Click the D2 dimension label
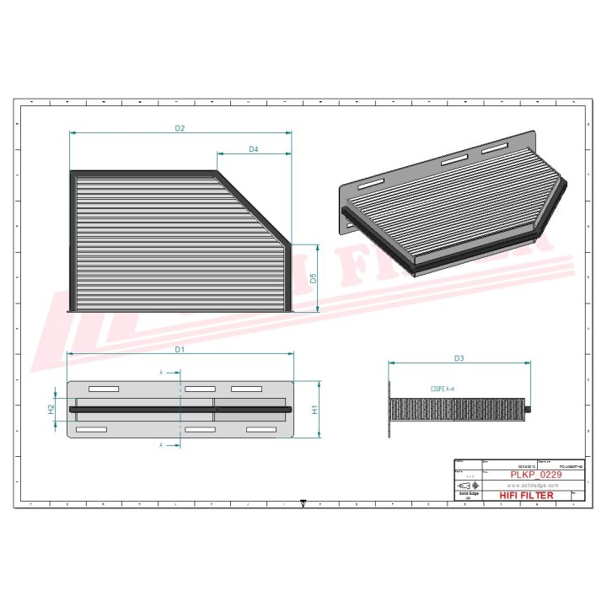(x=180, y=128)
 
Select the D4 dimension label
(x=253, y=149)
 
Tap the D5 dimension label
(x=313, y=277)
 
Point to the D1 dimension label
(x=180, y=348)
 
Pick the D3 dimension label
(x=459, y=358)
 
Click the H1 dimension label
(x=314, y=409)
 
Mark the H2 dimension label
(x=51, y=408)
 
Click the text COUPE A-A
(x=443, y=389)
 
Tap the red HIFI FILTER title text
(x=527, y=496)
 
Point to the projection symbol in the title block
(x=467, y=486)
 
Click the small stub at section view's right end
(x=529, y=410)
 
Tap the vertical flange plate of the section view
(x=389, y=410)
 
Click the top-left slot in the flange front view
(x=103, y=389)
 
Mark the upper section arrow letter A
(x=162, y=372)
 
